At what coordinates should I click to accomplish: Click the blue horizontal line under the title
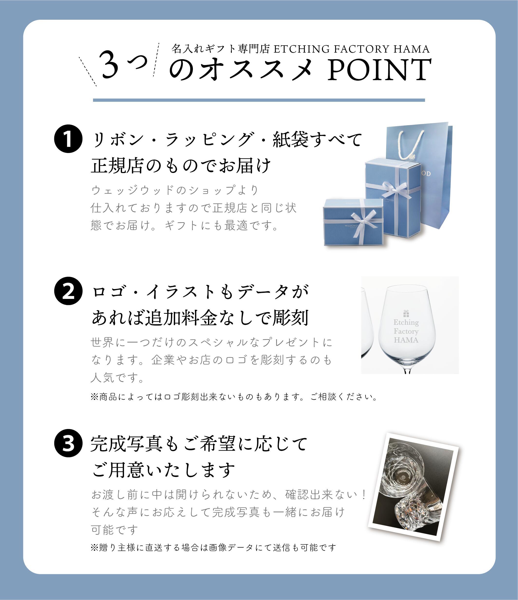(x=259, y=100)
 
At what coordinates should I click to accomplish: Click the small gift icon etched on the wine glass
(x=406, y=313)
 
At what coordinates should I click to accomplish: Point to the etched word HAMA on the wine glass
(x=406, y=340)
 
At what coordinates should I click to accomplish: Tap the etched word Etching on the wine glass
(x=406, y=322)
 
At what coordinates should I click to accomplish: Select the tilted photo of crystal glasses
(x=414, y=487)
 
